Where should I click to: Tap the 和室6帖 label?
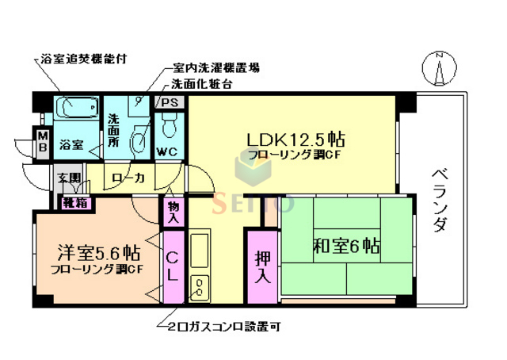tap(347, 245)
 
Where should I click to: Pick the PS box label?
tap(170, 102)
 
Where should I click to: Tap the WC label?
tap(167, 151)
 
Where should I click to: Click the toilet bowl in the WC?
tap(168, 124)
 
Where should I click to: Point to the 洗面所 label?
tap(113, 131)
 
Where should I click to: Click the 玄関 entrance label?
tap(68, 179)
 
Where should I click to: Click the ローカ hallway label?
tap(128, 179)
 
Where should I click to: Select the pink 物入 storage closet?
tap(173, 212)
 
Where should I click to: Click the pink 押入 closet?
tap(262, 267)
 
